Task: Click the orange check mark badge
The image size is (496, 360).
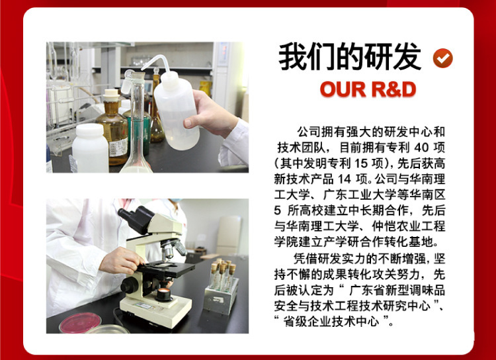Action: (x=443, y=58)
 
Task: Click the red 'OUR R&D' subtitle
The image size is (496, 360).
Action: (x=368, y=89)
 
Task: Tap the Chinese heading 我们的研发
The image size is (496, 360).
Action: (x=350, y=57)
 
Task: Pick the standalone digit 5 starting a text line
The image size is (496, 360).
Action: (x=277, y=211)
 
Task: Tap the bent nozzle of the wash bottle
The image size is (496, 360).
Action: (x=154, y=62)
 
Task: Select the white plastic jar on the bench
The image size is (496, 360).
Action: (x=90, y=148)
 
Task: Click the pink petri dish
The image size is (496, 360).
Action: (x=80, y=322)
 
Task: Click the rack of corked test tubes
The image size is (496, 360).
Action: (x=221, y=287)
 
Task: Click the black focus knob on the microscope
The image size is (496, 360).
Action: (x=130, y=285)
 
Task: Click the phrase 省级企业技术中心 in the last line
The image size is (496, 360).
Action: (x=331, y=322)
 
